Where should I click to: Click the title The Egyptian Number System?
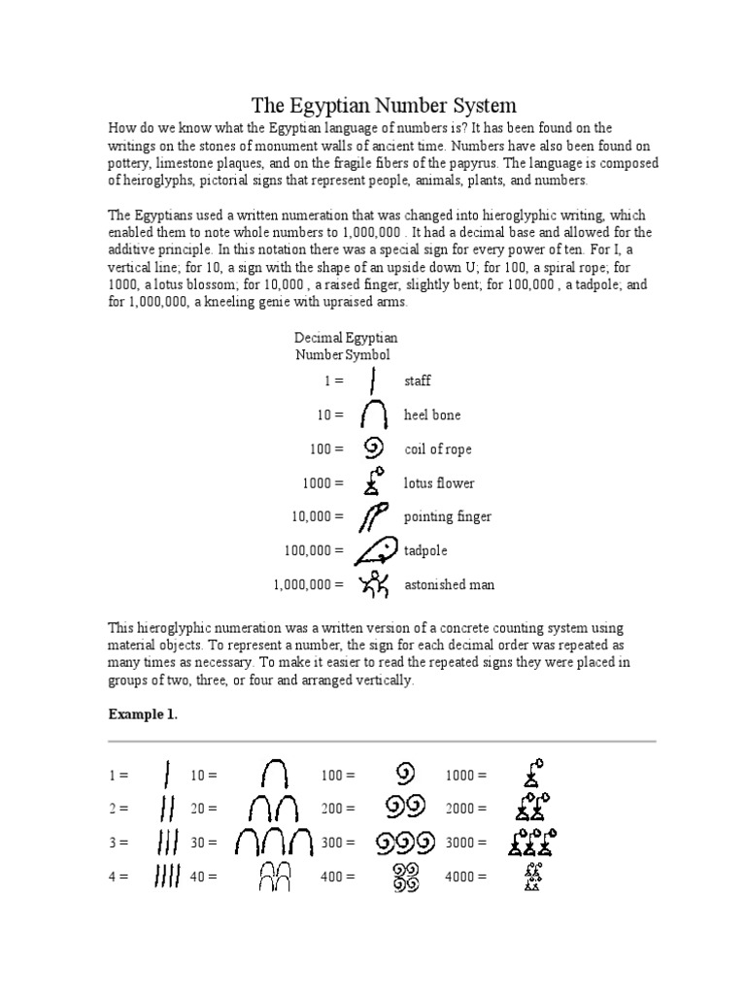point(384,105)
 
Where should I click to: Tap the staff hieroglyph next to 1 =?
point(374,380)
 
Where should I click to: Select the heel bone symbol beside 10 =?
point(374,415)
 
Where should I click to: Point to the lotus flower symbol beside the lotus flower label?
point(372,481)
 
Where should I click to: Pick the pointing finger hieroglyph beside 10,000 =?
point(374,515)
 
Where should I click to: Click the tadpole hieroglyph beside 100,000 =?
point(374,550)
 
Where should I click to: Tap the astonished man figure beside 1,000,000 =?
point(374,583)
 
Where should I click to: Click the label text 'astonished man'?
point(449,584)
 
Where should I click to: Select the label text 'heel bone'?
point(432,415)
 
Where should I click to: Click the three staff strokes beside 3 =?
point(167,843)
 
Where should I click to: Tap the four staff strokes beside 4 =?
point(167,877)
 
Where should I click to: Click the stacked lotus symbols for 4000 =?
point(531,877)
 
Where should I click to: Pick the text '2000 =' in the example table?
point(466,809)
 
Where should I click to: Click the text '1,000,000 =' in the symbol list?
point(309,584)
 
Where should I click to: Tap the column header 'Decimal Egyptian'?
point(346,338)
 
